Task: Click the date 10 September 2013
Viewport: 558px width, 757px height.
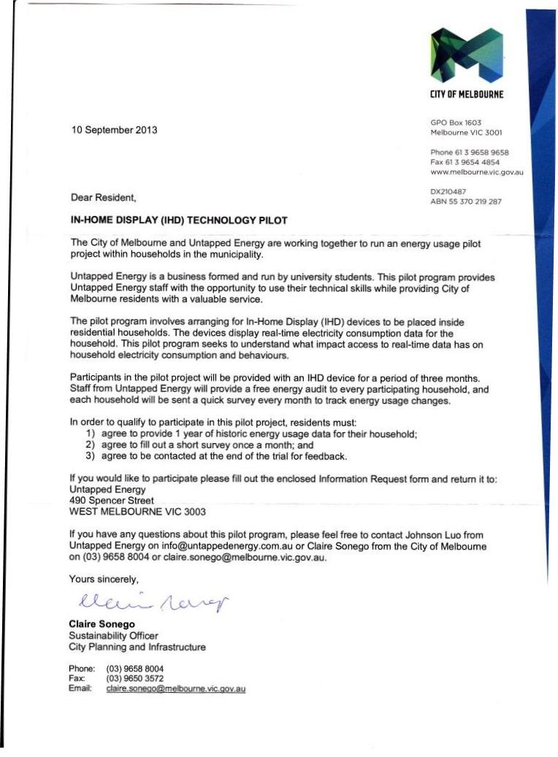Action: coord(113,131)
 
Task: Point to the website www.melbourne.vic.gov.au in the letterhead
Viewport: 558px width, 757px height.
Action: coord(477,172)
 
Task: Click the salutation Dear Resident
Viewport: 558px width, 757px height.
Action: coord(103,197)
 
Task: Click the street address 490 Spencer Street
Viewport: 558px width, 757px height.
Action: coord(112,501)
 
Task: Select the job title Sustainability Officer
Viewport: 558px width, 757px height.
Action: coord(113,635)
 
